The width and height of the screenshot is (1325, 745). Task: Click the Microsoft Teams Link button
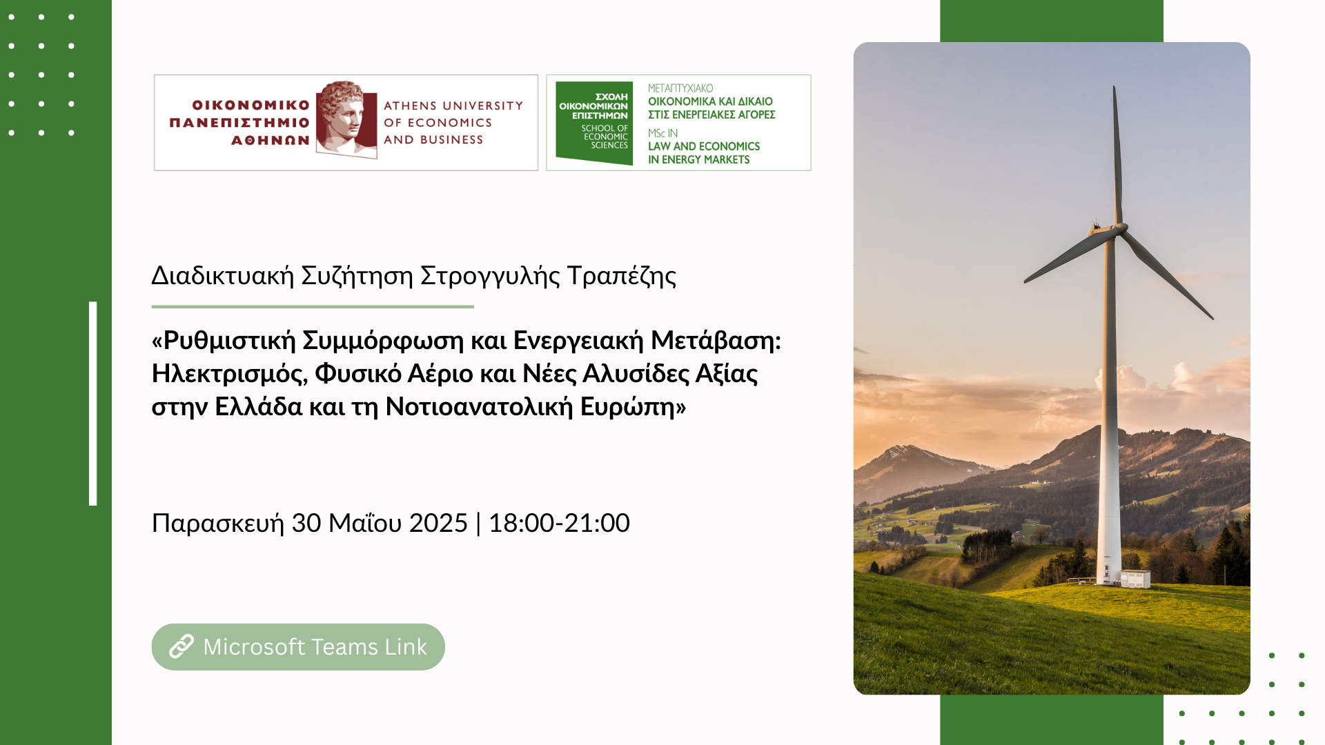(298, 647)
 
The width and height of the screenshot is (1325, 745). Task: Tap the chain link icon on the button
(181, 647)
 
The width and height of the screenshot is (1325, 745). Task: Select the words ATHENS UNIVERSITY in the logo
(453, 106)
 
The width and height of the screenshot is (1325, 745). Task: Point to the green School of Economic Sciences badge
(594, 123)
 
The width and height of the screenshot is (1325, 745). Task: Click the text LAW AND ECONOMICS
(704, 146)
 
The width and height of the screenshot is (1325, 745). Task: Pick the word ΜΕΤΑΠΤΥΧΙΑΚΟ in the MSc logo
(680, 88)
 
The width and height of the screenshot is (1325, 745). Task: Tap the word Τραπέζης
(622, 276)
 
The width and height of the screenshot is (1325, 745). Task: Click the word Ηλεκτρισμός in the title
(229, 374)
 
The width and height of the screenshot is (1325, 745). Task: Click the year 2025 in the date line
(438, 523)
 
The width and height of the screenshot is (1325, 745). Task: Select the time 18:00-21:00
(559, 523)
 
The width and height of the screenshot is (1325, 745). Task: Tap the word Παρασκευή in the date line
(218, 524)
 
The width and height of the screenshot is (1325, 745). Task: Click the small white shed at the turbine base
(1135, 579)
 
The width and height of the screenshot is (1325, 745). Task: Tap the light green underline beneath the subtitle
(313, 306)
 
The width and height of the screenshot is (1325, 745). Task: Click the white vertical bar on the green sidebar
(93, 404)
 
